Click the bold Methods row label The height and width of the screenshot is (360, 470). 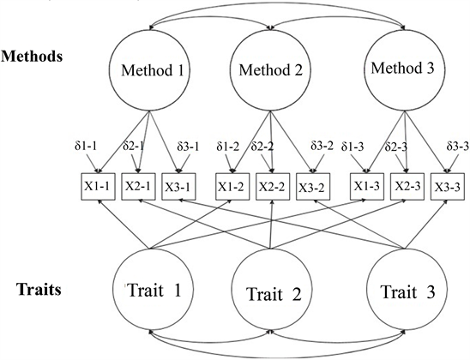(32, 56)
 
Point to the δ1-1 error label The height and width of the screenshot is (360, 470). (86, 146)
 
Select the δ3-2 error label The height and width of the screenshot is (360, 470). (322, 146)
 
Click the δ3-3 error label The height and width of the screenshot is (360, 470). (457, 147)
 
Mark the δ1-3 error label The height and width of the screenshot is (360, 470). (352, 147)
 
